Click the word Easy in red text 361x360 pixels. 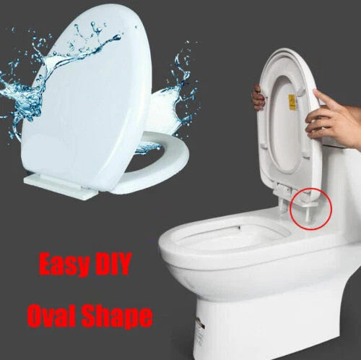[64, 264]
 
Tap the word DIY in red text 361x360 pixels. [113, 263]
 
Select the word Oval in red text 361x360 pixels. [52, 314]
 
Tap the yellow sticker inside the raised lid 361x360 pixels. [292, 101]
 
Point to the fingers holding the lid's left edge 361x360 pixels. [258, 97]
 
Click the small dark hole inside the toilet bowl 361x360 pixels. [239, 227]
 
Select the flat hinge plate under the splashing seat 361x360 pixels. [60, 186]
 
